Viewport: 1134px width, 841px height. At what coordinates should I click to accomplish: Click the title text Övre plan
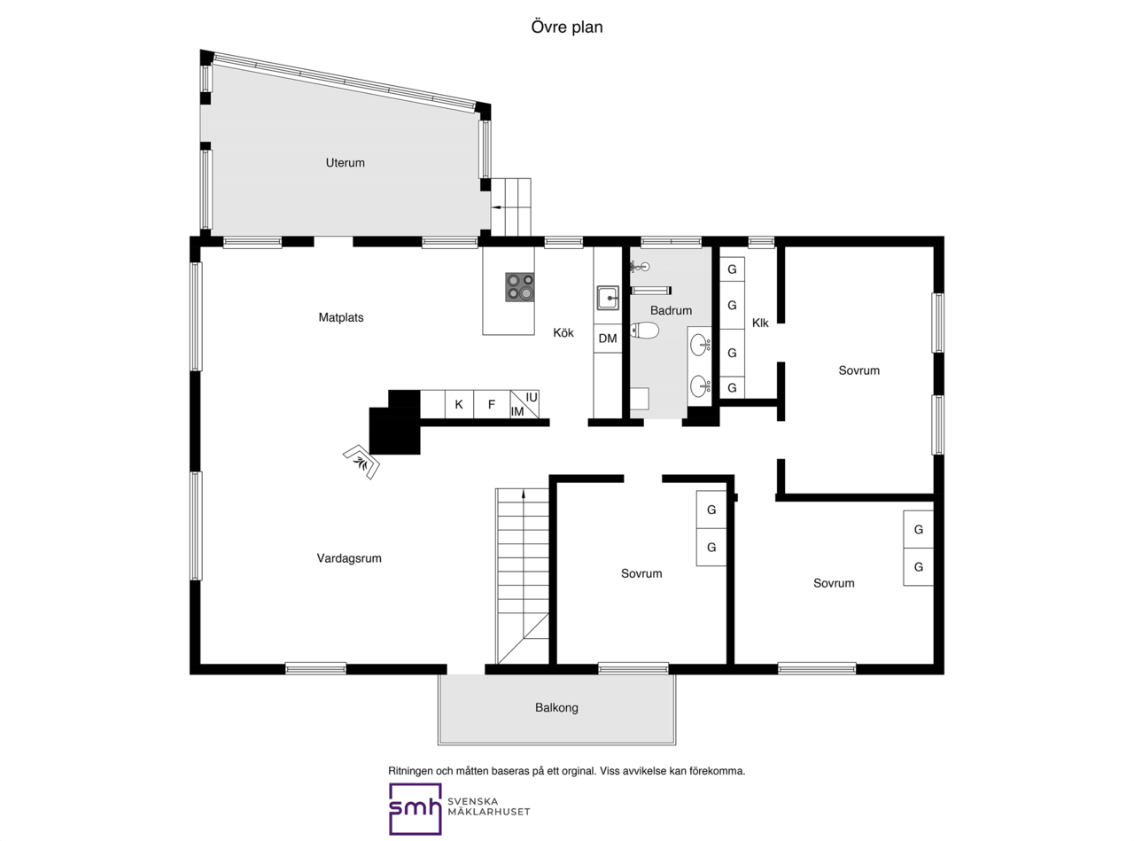point(566,27)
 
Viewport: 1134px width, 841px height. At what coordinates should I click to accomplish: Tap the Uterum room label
point(346,163)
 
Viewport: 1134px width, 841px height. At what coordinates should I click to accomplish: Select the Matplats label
point(341,317)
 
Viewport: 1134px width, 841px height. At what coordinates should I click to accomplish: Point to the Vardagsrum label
point(349,558)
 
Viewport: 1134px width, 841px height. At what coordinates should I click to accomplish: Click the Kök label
point(563,332)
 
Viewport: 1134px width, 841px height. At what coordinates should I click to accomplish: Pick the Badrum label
point(671,310)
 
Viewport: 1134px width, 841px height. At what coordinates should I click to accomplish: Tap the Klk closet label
point(760,323)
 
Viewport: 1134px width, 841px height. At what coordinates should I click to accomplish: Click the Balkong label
point(556,708)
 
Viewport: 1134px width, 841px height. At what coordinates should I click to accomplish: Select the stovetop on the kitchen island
point(520,287)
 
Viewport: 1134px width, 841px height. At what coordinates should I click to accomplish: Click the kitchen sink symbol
point(608,298)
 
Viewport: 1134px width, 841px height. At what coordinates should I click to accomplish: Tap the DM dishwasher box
point(608,339)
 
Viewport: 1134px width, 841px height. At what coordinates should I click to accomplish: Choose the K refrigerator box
point(459,404)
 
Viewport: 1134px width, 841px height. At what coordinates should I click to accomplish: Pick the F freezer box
point(492,404)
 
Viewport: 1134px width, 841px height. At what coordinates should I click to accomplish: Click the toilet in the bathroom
point(644,331)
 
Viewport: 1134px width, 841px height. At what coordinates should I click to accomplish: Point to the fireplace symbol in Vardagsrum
point(361,462)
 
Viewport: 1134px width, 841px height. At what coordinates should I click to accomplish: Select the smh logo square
point(416,809)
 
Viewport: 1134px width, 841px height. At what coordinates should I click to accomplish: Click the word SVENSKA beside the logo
point(473,802)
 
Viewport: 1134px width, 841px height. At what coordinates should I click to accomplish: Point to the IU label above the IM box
point(532,398)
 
